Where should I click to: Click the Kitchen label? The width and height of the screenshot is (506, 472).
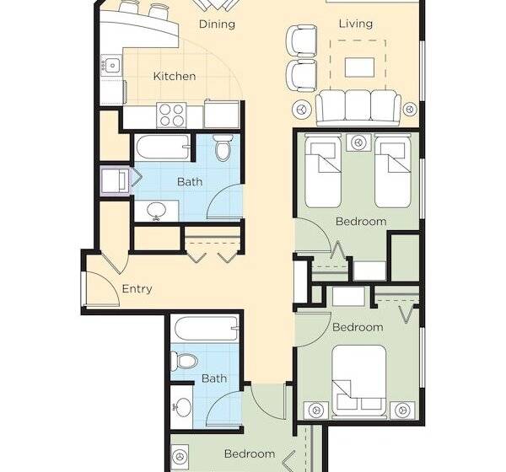(175, 76)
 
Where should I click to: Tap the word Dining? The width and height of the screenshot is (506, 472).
(217, 24)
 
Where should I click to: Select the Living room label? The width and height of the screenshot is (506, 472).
(356, 24)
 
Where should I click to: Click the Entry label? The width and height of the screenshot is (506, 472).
(137, 289)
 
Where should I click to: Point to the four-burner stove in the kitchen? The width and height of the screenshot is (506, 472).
(171, 115)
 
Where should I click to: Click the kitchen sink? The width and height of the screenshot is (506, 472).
(111, 66)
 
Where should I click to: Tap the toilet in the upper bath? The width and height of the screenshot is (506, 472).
(223, 147)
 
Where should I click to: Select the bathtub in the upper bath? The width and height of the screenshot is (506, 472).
(162, 147)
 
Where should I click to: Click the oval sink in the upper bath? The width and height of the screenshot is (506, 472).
(157, 211)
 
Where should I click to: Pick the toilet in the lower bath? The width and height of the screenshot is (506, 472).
(183, 361)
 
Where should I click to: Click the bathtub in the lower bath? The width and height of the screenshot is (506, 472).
(207, 329)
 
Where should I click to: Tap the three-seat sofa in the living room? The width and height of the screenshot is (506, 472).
(358, 108)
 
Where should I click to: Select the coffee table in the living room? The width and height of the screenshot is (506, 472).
(360, 67)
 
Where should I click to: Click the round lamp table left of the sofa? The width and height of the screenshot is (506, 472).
(302, 110)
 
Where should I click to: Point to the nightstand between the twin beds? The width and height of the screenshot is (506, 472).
(358, 142)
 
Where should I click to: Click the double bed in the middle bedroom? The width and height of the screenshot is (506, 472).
(359, 381)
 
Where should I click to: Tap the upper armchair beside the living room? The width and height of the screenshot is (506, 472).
(302, 41)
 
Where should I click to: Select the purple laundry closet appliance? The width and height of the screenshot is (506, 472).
(115, 180)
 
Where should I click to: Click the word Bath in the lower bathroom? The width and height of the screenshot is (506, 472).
(214, 378)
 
